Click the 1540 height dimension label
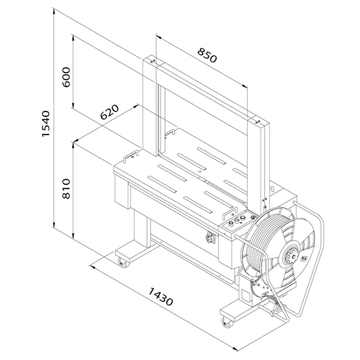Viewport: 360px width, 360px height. point(46,124)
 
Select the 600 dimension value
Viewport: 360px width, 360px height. point(66,77)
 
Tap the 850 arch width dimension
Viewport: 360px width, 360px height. point(207,55)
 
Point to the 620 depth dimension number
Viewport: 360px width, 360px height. point(110,112)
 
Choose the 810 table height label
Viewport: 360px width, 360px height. point(66,188)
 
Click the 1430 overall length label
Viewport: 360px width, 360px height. point(160,296)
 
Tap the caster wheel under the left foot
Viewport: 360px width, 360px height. point(122,262)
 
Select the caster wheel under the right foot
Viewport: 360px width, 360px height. point(227,322)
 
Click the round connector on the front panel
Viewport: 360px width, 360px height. point(209,238)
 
